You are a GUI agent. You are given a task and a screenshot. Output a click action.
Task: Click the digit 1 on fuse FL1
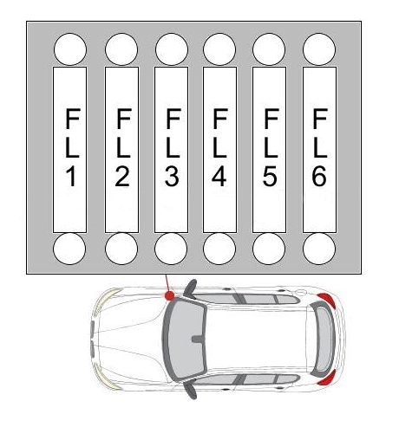tap(71, 177)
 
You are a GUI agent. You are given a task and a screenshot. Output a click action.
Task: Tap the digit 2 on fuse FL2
tap(122, 177)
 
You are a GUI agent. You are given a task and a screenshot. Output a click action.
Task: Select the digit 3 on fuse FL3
tap(172, 177)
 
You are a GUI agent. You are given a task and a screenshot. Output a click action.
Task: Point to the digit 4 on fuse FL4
tap(219, 177)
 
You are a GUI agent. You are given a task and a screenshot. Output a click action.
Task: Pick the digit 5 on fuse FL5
tap(270, 177)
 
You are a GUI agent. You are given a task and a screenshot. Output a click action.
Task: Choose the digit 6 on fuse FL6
tap(319, 177)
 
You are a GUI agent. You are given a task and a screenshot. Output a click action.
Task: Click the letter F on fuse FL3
tap(173, 119)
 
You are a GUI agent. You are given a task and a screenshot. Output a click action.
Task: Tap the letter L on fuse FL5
tap(271, 148)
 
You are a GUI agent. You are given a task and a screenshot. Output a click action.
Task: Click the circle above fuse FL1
tap(70, 49)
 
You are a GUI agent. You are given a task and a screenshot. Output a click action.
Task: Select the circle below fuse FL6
tap(319, 249)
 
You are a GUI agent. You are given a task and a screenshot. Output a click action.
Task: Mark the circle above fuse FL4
tap(219, 49)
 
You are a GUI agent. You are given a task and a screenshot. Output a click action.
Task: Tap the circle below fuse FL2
tap(121, 249)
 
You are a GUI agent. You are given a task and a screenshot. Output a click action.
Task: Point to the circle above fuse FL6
tap(319, 49)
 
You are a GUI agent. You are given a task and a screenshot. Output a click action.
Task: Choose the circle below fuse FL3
tap(171, 249)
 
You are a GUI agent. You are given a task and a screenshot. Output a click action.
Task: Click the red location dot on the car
tap(170, 295)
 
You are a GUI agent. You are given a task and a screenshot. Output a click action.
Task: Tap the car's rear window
tap(324, 339)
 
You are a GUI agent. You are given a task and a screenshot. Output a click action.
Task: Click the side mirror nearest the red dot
tap(191, 288)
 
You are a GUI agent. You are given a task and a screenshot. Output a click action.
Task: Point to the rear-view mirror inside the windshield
tap(199, 339)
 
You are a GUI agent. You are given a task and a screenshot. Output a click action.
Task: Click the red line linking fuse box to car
tap(167, 283)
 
